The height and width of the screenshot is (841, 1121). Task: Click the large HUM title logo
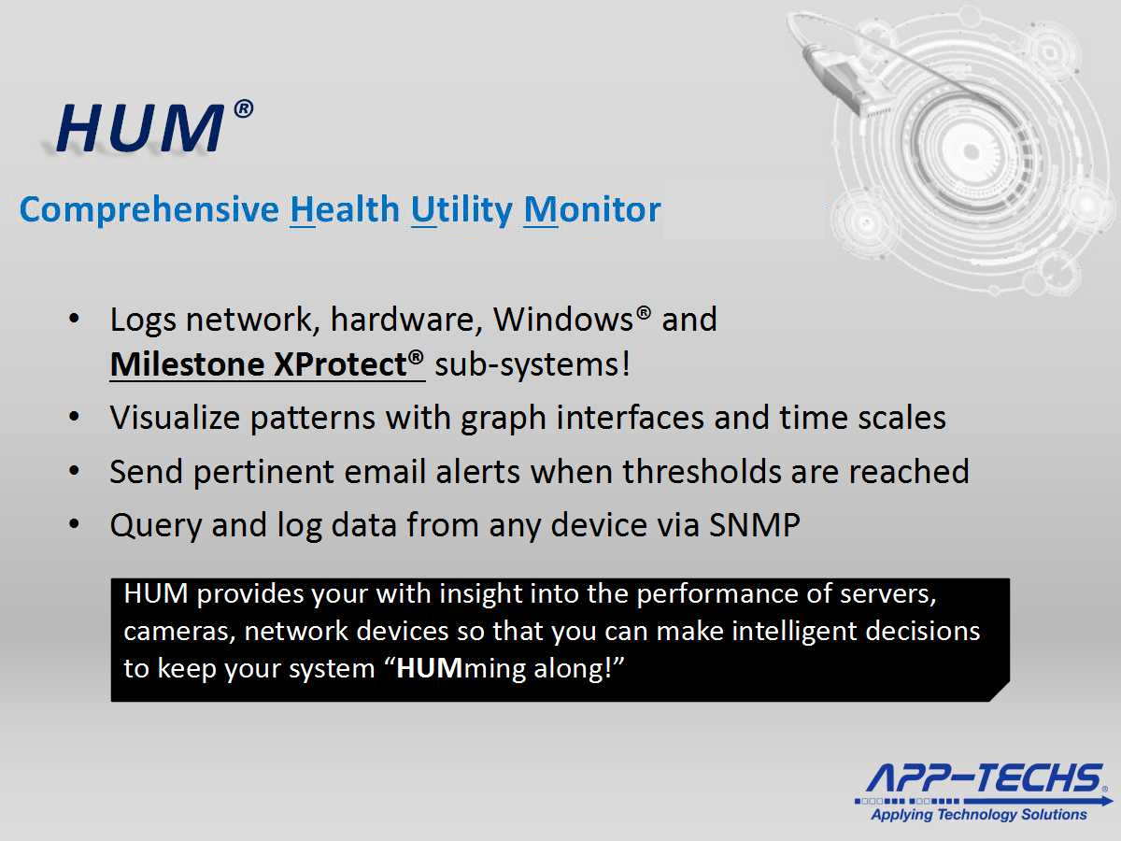click(x=140, y=129)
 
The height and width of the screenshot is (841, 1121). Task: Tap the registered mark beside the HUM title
click(x=243, y=109)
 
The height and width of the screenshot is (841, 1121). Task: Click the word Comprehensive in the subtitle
click(x=149, y=210)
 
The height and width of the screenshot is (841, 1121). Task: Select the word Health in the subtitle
click(x=345, y=208)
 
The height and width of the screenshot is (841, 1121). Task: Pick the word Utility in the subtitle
click(x=461, y=210)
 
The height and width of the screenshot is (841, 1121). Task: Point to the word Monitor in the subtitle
click(x=592, y=208)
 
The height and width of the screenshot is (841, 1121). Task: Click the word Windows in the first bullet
click(x=563, y=320)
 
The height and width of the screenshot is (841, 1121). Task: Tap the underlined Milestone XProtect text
click(x=267, y=364)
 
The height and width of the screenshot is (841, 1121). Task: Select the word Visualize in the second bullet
click(x=175, y=418)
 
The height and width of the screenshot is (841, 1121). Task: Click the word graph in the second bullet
click(x=503, y=419)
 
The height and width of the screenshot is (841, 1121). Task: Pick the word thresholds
click(x=702, y=471)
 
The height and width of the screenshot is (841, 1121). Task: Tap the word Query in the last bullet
click(x=156, y=526)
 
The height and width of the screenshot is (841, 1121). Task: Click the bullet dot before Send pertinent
click(x=75, y=471)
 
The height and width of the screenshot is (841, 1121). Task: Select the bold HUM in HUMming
click(x=429, y=668)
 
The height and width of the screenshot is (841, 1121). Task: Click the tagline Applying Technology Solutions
click(x=979, y=815)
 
